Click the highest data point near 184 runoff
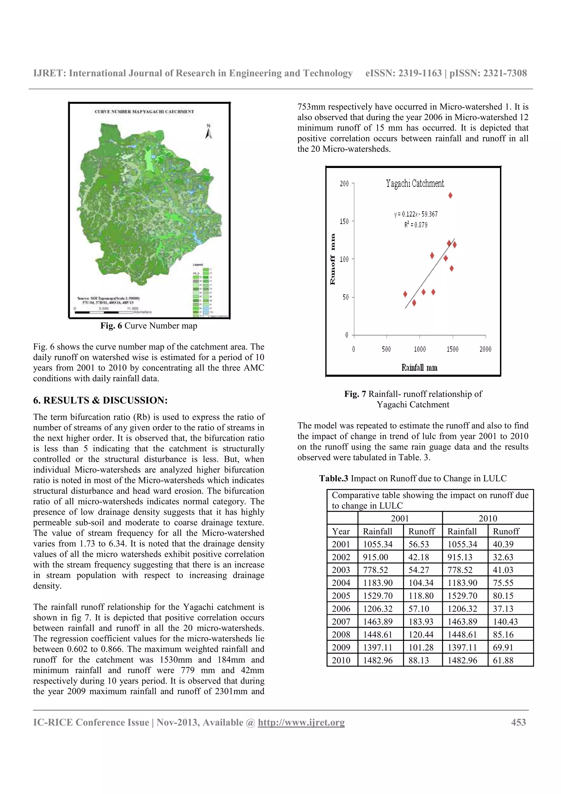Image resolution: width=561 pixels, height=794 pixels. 450,195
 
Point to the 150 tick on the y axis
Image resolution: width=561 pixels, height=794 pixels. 344,221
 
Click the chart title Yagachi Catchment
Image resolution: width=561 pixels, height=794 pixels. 415,183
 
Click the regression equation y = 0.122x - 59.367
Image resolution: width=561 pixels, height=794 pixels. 416,215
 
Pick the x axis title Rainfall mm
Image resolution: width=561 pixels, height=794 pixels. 419,368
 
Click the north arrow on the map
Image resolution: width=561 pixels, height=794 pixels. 208,132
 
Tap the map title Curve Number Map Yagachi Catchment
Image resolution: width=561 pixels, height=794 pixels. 144,112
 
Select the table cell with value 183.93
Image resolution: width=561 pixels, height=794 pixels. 421,622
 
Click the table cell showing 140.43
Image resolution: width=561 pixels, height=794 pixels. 505,622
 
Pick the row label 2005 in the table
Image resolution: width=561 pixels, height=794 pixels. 341,596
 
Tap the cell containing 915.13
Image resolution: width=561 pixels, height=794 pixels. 462,557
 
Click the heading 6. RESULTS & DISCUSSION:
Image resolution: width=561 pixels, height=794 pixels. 100,401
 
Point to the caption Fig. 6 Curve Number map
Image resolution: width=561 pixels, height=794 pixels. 149,326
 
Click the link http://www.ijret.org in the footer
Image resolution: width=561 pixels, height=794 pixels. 301,722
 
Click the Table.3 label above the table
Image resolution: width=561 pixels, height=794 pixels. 334,479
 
